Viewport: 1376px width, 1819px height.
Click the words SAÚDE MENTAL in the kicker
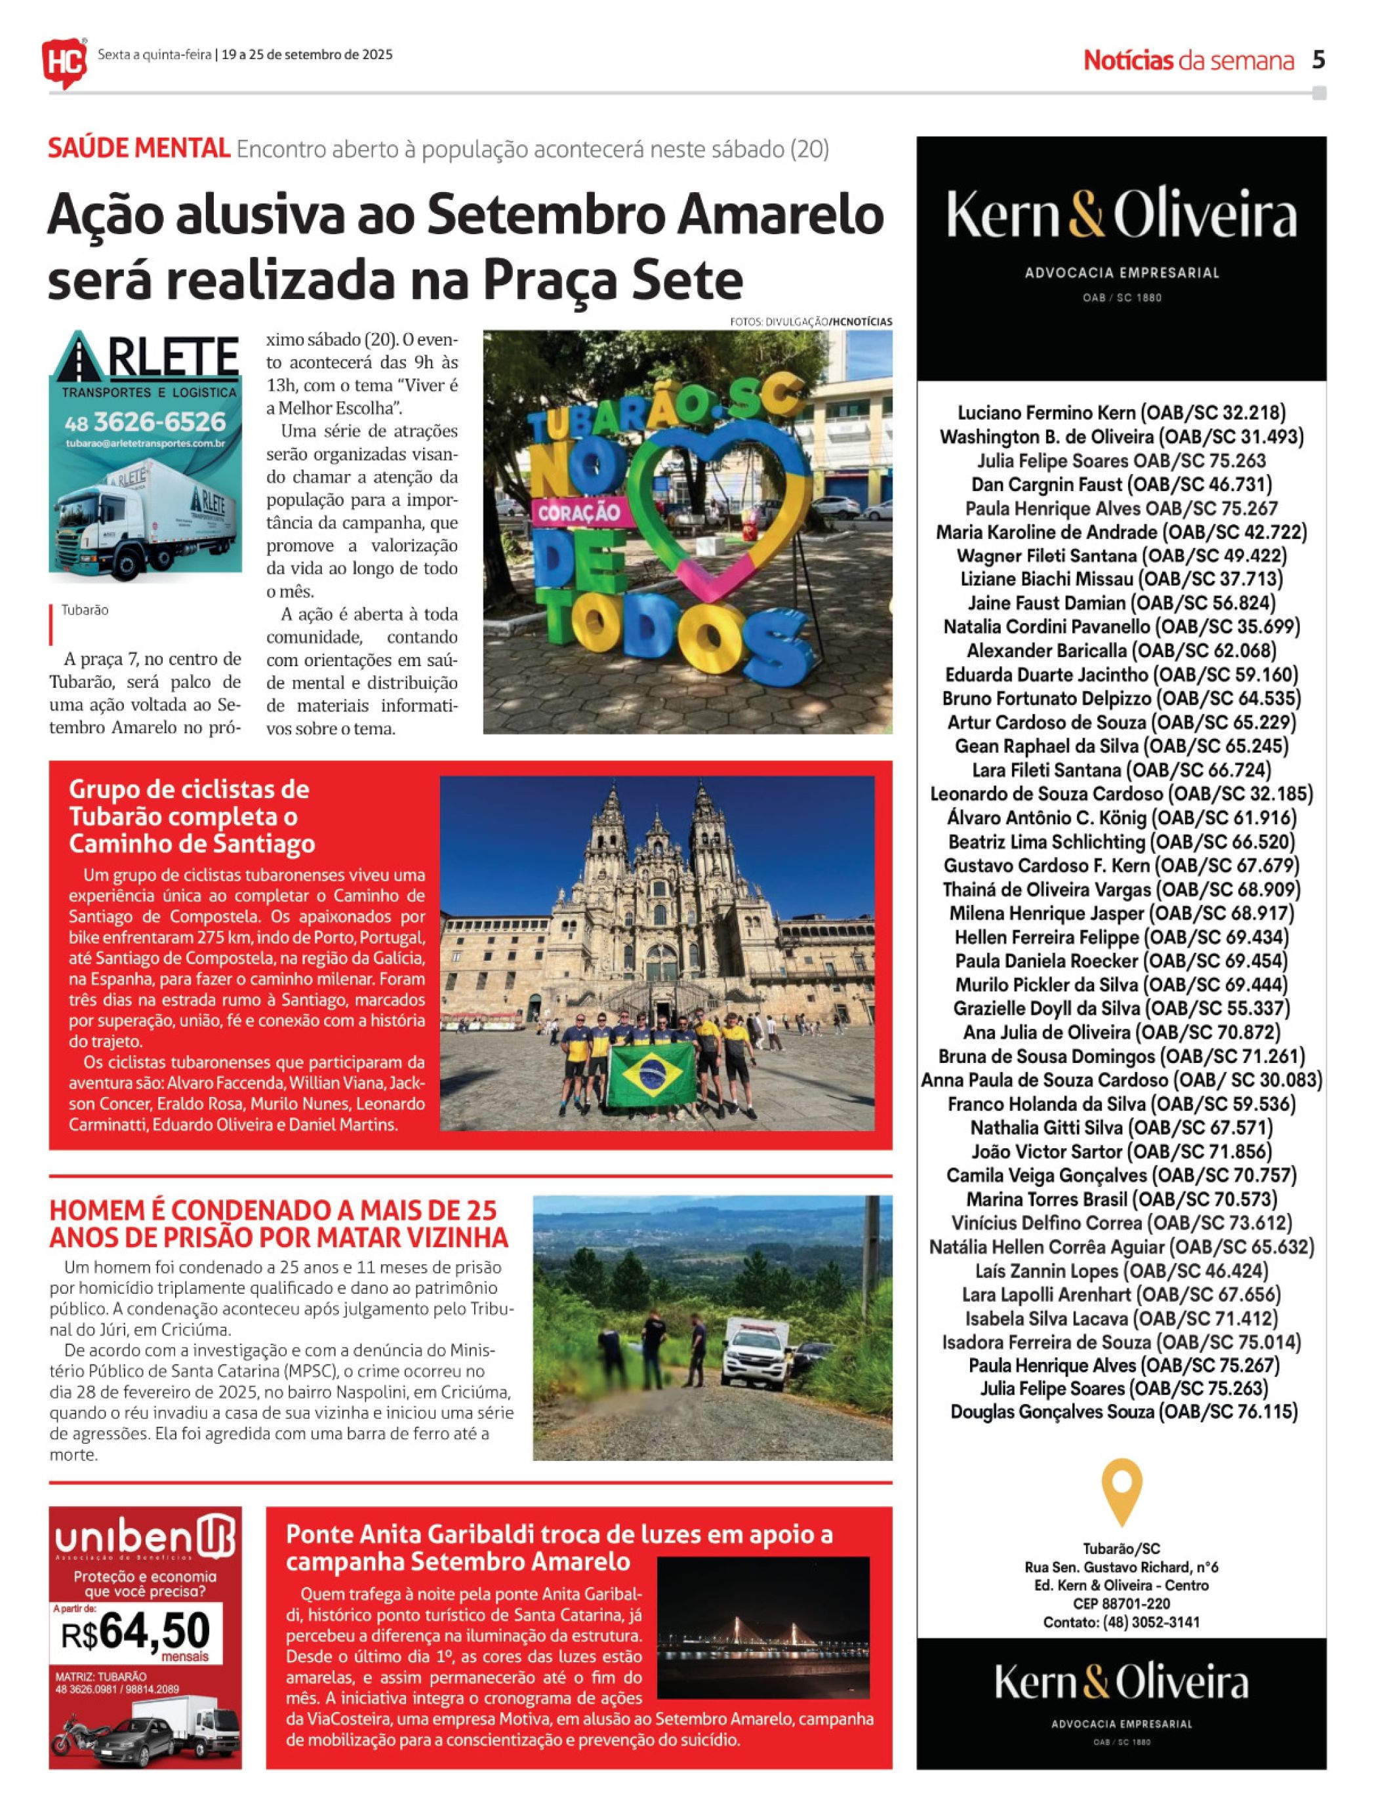coord(138,149)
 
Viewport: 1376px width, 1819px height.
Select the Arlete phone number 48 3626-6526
coord(145,422)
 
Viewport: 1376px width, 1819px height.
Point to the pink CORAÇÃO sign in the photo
coord(578,512)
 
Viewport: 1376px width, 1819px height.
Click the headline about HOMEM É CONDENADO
coord(278,1224)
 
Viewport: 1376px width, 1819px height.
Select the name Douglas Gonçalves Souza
coord(1123,1412)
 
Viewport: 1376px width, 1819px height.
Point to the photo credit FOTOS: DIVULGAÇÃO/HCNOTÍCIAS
coord(810,321)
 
